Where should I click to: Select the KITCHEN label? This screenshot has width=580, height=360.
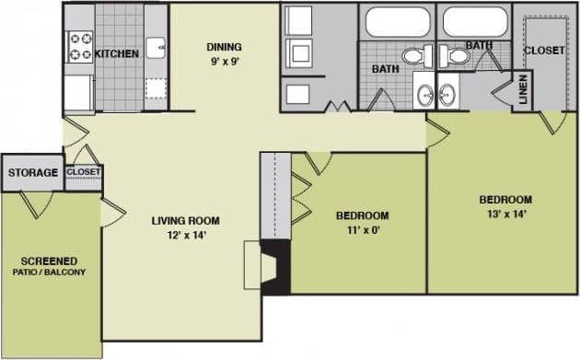pyautogui.click(x=118, y=53)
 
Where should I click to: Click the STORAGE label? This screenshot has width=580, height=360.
pyautogui.click(x=33, y=172)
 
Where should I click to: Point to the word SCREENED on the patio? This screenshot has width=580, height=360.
pyautogui.click(x=50, y=261)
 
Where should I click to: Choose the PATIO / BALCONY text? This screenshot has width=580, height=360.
pyautogui.click(x=50, y=273)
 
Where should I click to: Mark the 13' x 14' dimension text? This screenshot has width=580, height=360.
pyautogui.click(x=505, y=214)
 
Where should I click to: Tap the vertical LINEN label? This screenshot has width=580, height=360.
pyautogui.click(x=522, y=89)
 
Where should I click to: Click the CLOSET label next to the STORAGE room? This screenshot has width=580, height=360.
pyautogui.click(x=84, y=172)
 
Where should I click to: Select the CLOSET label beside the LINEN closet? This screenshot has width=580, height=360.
pyautogui.click(x=544, y=51)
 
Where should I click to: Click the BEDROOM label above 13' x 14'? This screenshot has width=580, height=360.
pyautogui.click(x=505, y=200)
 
